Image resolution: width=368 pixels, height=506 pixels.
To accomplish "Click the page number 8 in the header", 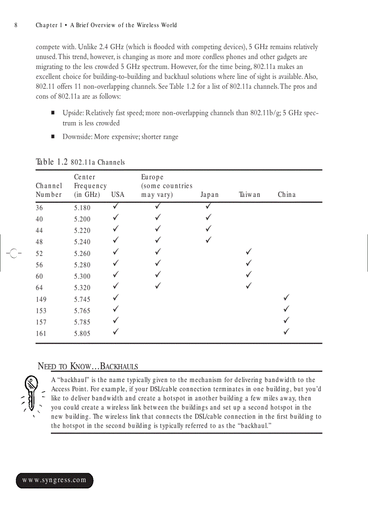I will coord(16,25).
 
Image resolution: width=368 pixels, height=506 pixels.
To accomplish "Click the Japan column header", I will coord(209,195).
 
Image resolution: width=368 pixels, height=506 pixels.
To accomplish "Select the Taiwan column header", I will coord(249,195).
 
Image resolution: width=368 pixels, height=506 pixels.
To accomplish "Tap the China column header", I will coord(287,195).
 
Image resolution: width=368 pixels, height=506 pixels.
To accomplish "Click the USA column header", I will coord(118,195).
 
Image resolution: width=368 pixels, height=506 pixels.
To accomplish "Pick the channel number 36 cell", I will coord(39,208).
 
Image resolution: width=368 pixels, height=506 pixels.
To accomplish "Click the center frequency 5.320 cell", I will coord(82,288).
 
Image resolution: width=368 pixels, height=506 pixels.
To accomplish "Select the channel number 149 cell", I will coord(41,300).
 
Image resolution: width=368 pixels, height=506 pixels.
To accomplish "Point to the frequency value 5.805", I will coord(82,334).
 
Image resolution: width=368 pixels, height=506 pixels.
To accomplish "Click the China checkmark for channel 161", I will coord(286,333).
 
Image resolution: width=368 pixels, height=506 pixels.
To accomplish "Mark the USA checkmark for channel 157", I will coord(116,321).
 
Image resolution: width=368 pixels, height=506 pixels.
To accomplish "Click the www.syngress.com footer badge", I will coord(55,480).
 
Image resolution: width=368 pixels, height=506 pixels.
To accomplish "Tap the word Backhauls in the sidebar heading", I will coord(119,366).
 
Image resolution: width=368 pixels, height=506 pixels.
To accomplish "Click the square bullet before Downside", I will coord(53,137).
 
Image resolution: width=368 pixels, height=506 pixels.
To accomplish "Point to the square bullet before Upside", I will coord(53,112).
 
